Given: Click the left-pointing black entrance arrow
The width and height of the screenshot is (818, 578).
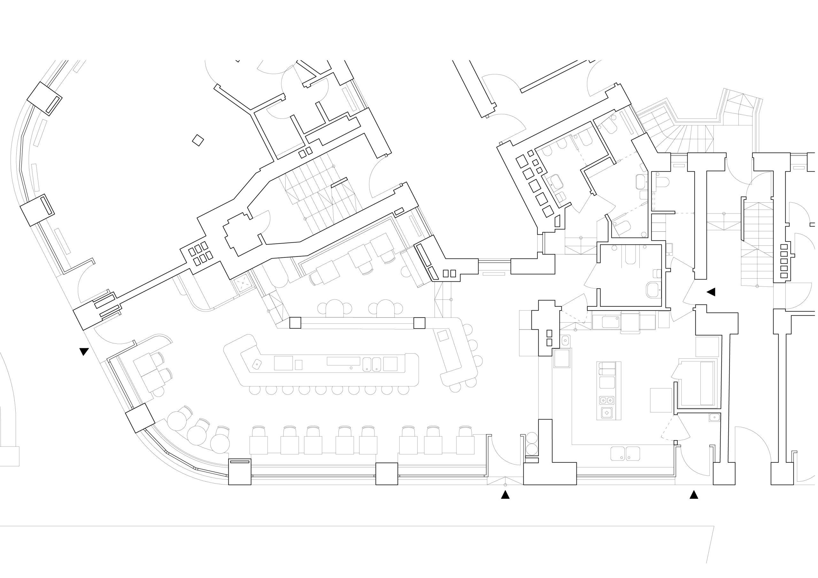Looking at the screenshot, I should (x=711, y=292).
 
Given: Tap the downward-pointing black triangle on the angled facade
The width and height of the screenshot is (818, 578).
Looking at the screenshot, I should (x=84, y=352).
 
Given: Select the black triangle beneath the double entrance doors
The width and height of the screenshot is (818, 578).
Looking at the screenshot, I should (x=505, y=495).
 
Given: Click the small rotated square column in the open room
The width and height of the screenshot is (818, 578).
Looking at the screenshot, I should (x=198, y=140).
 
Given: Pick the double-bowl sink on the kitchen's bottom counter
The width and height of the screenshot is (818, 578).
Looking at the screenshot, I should (x=625, y=454).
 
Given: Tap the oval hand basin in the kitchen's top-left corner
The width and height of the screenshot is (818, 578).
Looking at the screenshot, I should (x=565, y=341).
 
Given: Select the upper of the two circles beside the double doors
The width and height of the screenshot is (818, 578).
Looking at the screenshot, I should (x=532, y=438).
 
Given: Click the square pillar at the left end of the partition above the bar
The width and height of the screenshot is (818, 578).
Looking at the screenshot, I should (x=295, y=323).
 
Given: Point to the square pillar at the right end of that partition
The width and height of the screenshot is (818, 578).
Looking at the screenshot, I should (x=419, y=323).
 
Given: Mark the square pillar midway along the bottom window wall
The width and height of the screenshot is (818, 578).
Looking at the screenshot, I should (x=387, y=474).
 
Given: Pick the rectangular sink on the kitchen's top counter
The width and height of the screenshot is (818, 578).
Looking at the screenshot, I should (x=610, y=322).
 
